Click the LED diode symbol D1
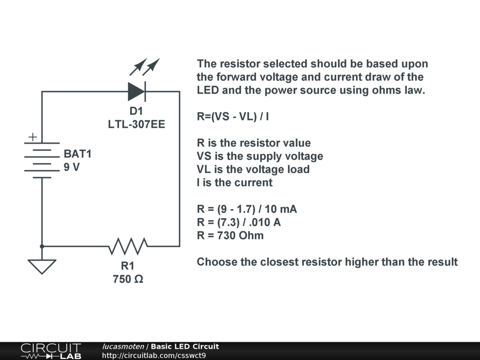tap(136, 91)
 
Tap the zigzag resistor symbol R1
tap(127, 245)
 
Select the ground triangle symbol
tap(42, 266)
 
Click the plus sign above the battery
tap(32, 137)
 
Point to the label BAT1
tap(78, 154)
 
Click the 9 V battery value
tap(72, 166)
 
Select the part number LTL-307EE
tap(136, 125)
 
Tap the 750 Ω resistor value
tap(127, 279)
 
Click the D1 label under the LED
tap(136, 112)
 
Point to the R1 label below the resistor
tap(127, 266)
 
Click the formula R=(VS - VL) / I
tap(233, 116)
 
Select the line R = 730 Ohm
tap(230, 235)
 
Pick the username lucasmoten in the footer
tap(123, 346)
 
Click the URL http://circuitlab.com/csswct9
tap(154, 355)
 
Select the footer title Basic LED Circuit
tap(185, 346)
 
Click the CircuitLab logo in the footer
tap(51, 351)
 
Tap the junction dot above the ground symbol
tap(42, 246)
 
